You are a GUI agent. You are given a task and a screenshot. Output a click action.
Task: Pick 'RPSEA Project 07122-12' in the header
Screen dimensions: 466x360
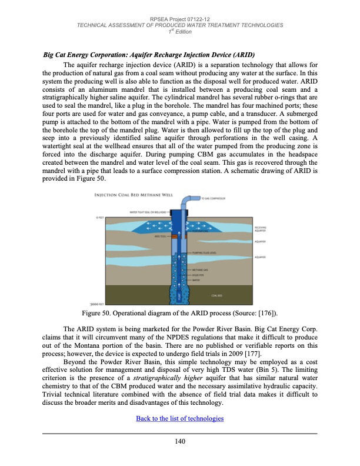coord(180,19)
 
